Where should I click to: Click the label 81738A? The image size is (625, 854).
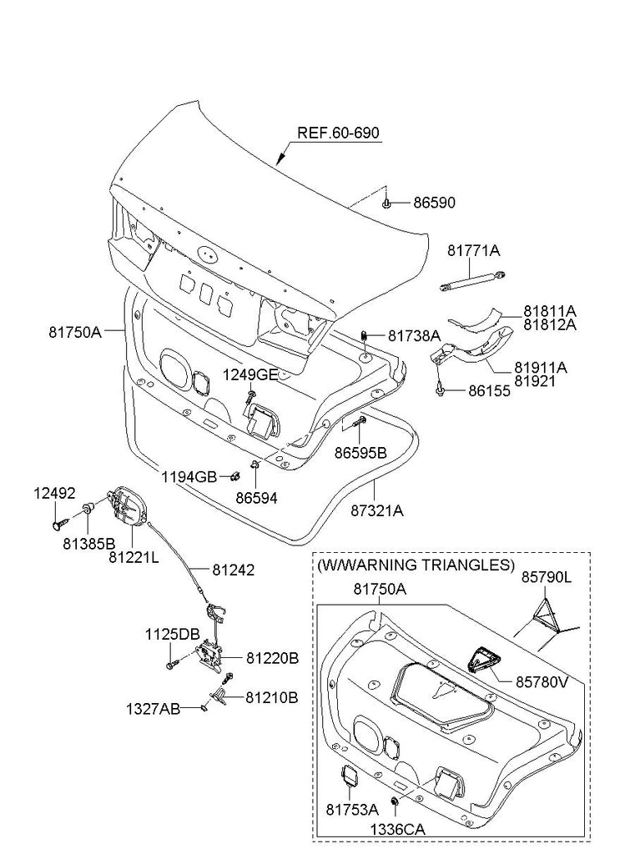click(x=414, y=335)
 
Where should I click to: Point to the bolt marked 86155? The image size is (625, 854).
click(x=440, y=389)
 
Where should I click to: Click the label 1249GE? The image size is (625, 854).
click(x=250, y=374)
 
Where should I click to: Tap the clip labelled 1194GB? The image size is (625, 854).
click(x=236, y=477)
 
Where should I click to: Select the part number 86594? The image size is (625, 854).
click(x=256, y=498)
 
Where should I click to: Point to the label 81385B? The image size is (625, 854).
click(x=88, y=542)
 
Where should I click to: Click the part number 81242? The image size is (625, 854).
click(x=234, y=570)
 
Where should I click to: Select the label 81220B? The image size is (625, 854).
click(x=272, y=658)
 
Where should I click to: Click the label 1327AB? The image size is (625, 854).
click(x=153, y=708)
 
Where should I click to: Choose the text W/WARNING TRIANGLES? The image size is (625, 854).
click(x=416, y=565)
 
